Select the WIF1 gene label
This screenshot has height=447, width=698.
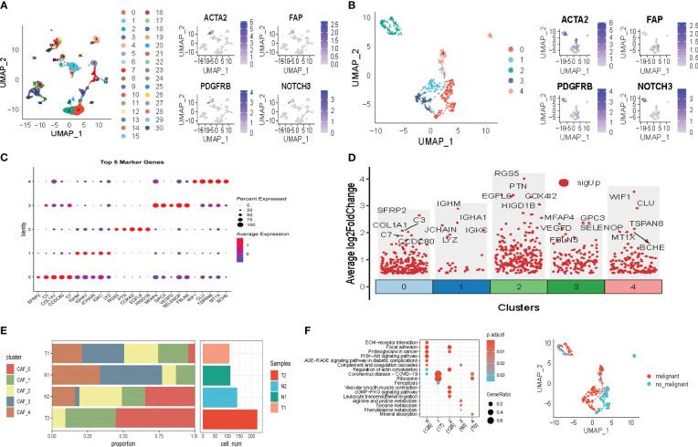623,195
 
